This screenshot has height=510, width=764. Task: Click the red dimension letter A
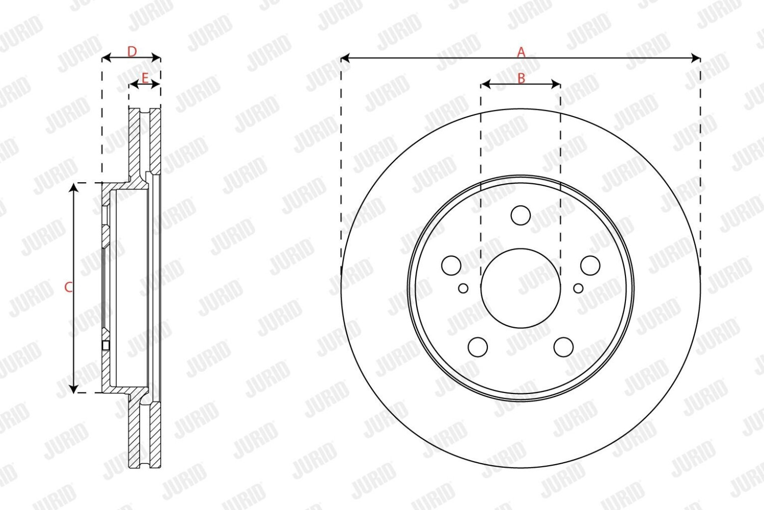[x=521, y=52]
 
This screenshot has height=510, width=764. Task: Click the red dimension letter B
[x=521, y=78]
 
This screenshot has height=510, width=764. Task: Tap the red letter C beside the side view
[x=69, y=288]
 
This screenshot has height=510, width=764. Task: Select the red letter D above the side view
[x=132, y=51]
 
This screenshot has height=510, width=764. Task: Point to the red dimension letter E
[x=145, y=78]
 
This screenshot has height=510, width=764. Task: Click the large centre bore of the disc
[x=521, y=288]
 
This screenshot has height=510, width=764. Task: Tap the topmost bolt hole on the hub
[x=521, y=215]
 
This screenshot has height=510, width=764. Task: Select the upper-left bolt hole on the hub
[x=451, y=265]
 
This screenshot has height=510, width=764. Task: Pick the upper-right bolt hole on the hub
[x=590, y=265]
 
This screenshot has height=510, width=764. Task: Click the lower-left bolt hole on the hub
[x=478, y=347]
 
